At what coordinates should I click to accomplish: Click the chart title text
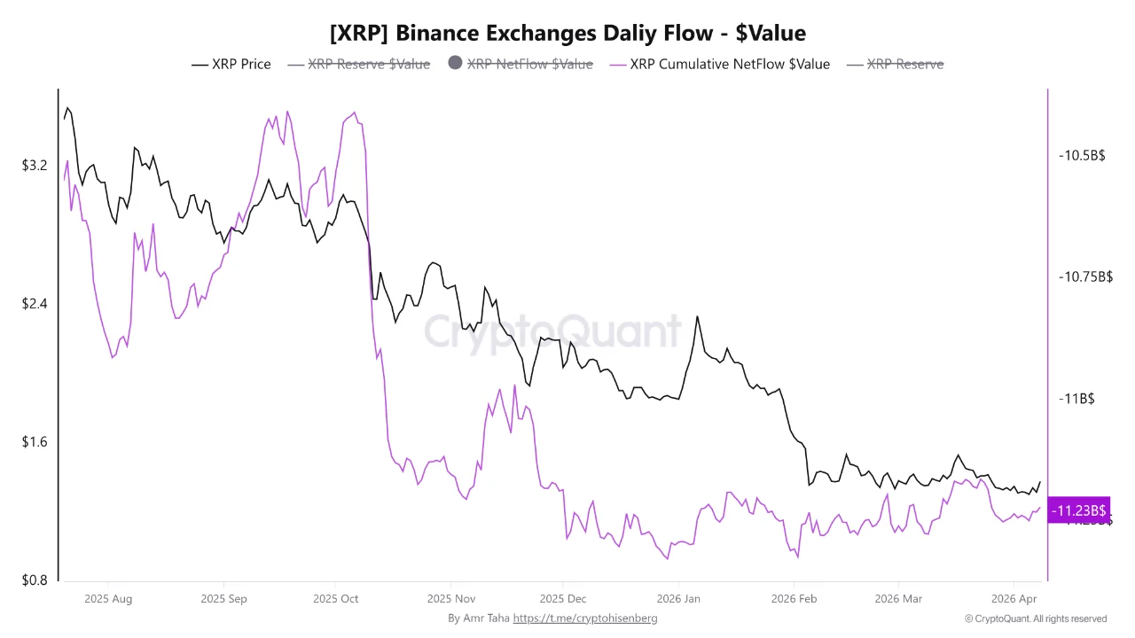(x=567, y=34)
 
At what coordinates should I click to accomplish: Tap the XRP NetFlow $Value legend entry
(x=529, y=64)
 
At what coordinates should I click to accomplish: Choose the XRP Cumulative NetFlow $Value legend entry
(x=729, y=64)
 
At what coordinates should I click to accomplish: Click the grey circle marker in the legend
(x=455, y=63)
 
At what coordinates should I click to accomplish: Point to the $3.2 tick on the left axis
(x=36, y=166)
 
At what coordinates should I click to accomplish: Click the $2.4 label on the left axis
(x=36, y=304)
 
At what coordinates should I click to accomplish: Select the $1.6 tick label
(x=36, y=442)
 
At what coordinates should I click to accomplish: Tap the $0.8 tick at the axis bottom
(x=36, y=580)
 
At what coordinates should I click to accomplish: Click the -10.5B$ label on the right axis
(x=1082, y=155)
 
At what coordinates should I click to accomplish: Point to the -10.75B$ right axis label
(x=1085, y=276)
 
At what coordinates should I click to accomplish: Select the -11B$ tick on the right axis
(x=1076, y=399)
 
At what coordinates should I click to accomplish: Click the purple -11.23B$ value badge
(x=1078, y=510)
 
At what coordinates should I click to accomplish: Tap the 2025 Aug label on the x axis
(x=108, y=599)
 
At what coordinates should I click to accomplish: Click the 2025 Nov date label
(x=450, y=599)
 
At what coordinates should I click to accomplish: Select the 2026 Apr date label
(x=1015, y=599)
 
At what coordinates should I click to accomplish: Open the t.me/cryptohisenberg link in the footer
(x=585, y=619)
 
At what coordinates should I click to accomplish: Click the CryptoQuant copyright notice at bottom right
(x=1035, y=619)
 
